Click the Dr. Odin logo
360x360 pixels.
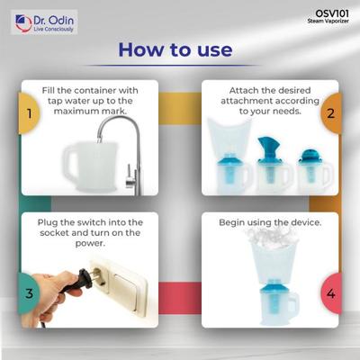pos(44,22)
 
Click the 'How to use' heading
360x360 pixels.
pos(175,49)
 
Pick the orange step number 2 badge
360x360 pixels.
pos(331,113)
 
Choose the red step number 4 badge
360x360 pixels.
pos(331,293)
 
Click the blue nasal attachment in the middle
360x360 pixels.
pos(268,150)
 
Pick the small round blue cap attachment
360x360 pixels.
pos(310,157)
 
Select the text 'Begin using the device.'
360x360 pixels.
pos(270,223)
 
